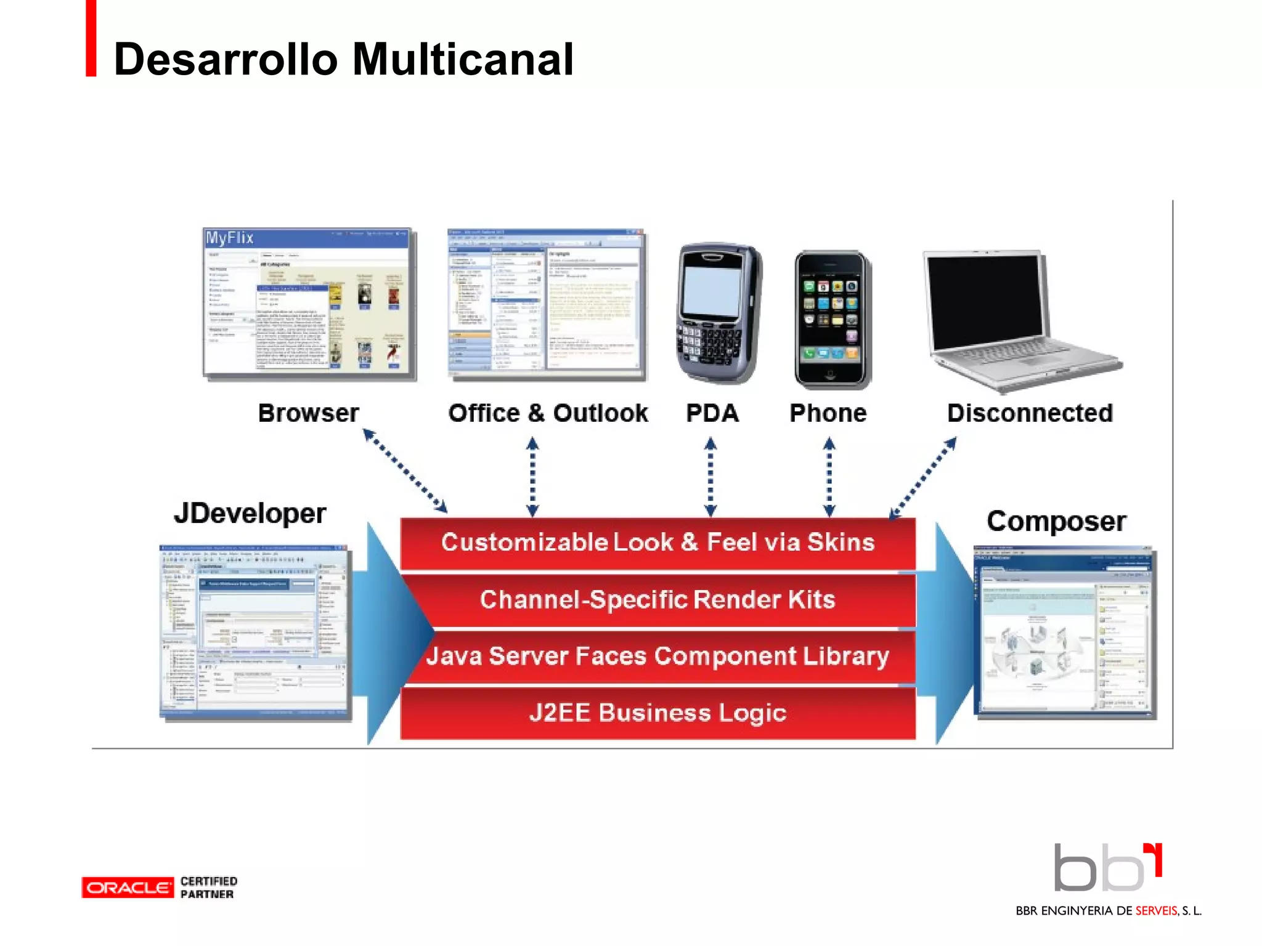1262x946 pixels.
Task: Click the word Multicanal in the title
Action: (x=462, y=60)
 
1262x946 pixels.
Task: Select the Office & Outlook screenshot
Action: (x=546, y=303)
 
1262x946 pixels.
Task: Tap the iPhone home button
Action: (x=830, y=374)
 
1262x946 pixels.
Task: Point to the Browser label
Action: (x=308, y=413)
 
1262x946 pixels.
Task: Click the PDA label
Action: (x=712, y=413)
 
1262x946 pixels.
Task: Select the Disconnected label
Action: (x=1030, y=413)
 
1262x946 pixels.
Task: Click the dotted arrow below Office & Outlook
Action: (x=533, y=477)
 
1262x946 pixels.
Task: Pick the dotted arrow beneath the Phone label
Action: (x=829, y=477)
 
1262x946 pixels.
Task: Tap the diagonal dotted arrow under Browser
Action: (x=405, y=471)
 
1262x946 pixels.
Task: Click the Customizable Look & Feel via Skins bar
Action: (x=657, y=543)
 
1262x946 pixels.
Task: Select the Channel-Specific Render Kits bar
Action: (x=657, y=600)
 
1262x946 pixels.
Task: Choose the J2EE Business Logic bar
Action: (x=657, y=713)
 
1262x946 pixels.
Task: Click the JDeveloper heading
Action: (x=250, y=514)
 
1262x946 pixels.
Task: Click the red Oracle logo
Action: (x=128, y=887)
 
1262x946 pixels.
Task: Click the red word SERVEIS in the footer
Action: (x=1156, y=911)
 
